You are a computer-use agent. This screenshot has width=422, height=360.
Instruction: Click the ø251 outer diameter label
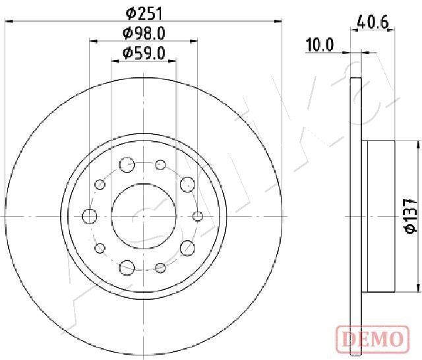point(144,13)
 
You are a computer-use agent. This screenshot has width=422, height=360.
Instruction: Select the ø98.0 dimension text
point(144,34)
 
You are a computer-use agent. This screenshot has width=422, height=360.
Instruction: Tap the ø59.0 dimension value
point(144,53)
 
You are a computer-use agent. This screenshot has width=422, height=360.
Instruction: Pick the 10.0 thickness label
point(320,45)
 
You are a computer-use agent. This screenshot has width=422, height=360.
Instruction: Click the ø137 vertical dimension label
point(411,216)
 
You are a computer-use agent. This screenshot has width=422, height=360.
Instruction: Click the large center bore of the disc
point(144,216)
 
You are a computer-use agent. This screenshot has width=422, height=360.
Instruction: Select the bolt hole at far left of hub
point(90,216)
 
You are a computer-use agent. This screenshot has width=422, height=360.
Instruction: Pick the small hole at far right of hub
point(198,216)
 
